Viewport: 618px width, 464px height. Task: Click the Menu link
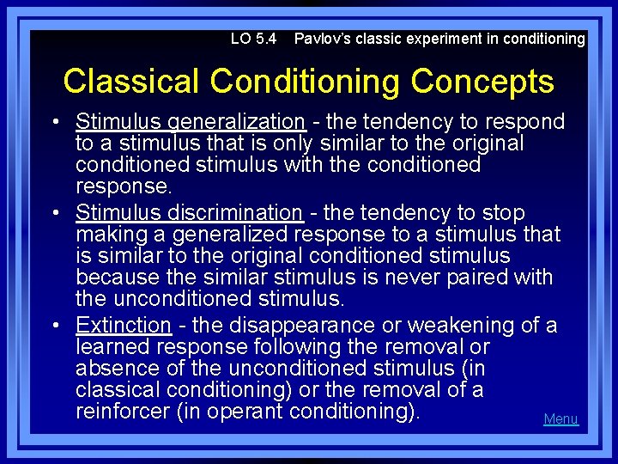coord(560,419)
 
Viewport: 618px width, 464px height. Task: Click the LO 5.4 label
coord(253,39)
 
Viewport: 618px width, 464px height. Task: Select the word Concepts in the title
coord(482,82)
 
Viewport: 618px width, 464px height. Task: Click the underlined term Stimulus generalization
coord(190,122)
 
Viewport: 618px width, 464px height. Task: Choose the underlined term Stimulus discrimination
coord(189,212)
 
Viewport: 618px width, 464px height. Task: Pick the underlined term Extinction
coord(124,326)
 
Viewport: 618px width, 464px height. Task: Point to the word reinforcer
coord(123,412)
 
